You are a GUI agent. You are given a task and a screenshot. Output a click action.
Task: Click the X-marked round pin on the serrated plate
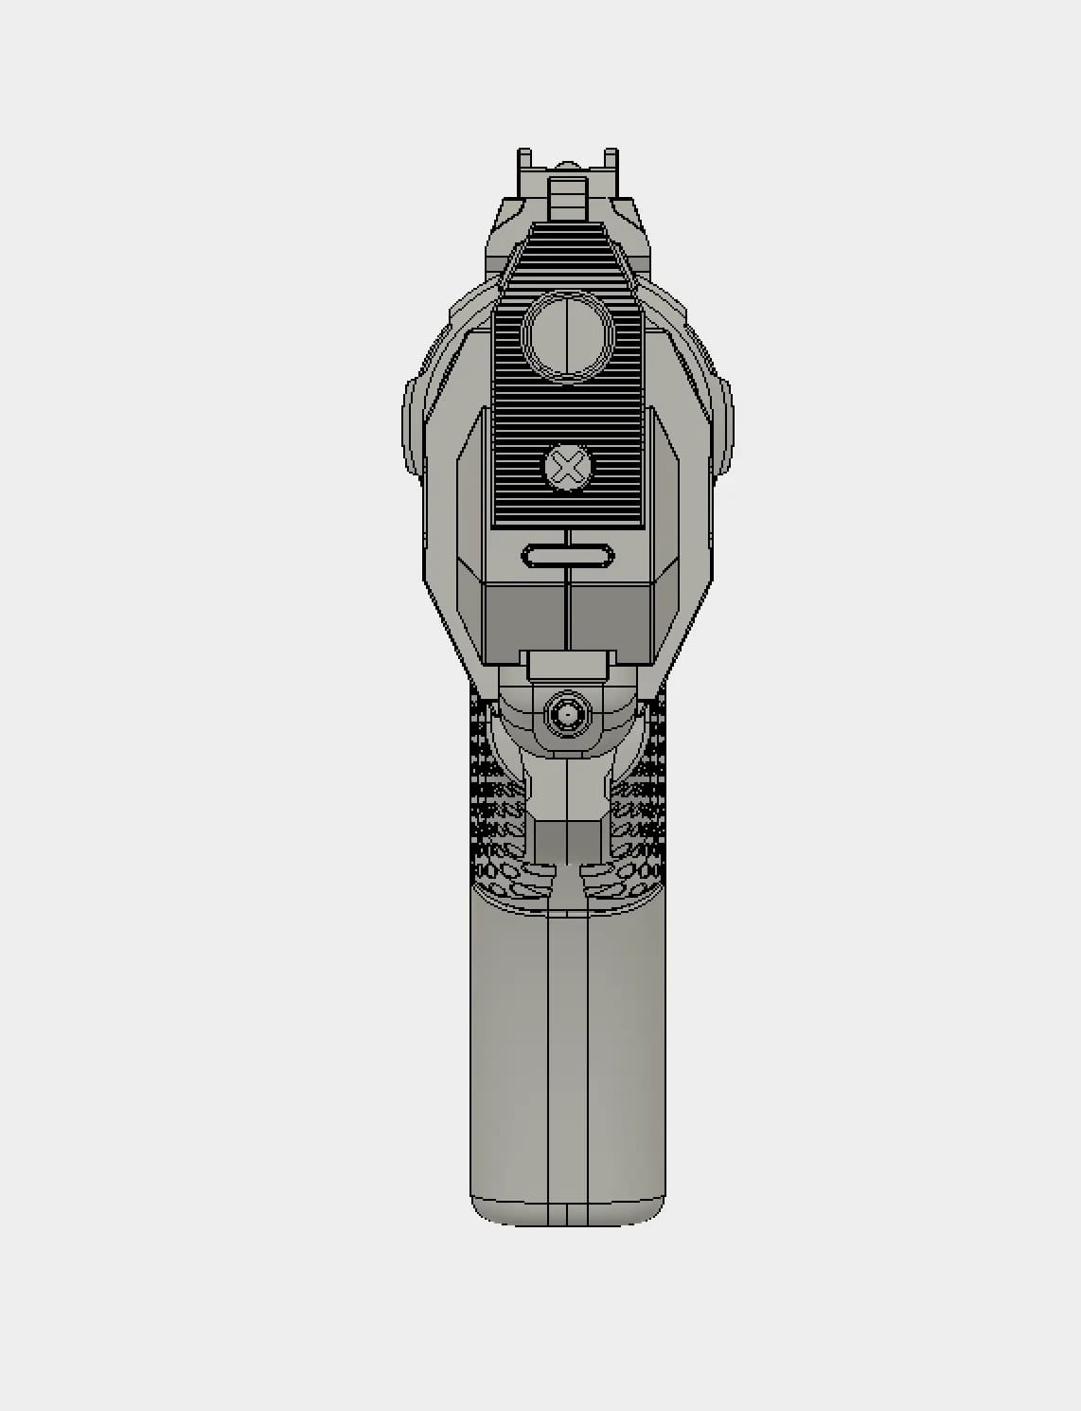tap(568, 469)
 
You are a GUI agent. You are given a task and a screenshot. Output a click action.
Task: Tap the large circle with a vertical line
tap(568, 336)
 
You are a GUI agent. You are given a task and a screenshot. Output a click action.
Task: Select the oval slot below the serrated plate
tap(567, 556)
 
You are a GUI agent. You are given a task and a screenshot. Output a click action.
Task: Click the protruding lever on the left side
tap(413, 426)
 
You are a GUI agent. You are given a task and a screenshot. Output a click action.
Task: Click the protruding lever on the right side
tap(723, 426)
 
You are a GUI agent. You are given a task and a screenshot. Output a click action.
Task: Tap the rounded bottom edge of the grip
tap(568, 1216)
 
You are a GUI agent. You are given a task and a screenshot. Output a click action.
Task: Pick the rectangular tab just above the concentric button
tap(567, 665)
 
